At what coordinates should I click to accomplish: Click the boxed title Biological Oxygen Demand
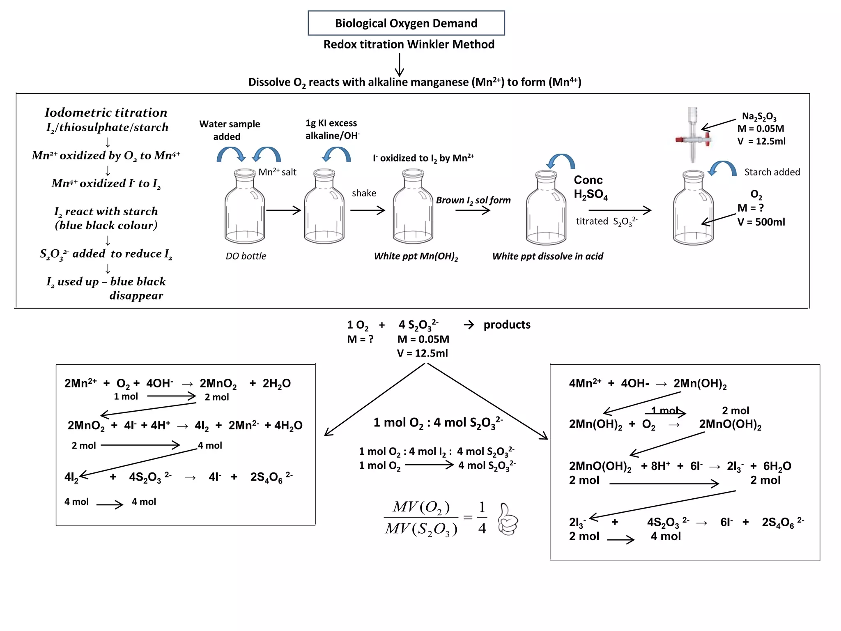pos(406,23)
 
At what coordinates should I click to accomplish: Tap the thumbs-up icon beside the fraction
pos(508,519)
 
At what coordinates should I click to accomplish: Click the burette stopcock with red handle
pos(693,140)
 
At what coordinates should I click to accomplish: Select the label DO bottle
pos(246,256)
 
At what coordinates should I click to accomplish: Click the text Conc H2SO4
pos(590,187)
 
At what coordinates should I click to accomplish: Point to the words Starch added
pos(772,172)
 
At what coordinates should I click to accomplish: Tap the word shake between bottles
pos(364,193)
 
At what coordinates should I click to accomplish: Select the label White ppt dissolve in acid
pos(547,256)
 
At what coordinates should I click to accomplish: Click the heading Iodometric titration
pos(106,113)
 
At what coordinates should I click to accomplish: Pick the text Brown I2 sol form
pos(473,200)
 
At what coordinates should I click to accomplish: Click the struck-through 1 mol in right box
pos(665,410)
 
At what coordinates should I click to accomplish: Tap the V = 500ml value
pos(761,222)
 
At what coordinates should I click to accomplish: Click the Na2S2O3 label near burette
pos(759,117)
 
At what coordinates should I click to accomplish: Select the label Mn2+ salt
pos(277,172)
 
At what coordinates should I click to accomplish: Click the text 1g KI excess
pos(331,123)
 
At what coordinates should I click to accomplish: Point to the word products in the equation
pos(507,325)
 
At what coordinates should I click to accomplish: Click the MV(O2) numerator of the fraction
pos(421,507)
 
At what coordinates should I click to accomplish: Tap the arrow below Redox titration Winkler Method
pos(399,65)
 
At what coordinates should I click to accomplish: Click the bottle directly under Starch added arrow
pos(693,210)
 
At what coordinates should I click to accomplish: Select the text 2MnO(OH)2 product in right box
pos(730,424)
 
